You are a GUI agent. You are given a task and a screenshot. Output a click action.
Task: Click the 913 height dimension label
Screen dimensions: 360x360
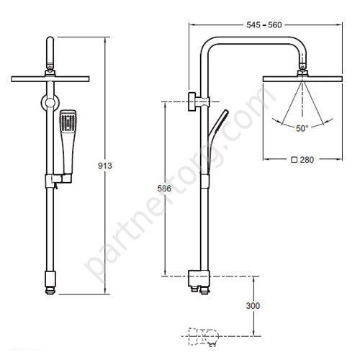(105, 166)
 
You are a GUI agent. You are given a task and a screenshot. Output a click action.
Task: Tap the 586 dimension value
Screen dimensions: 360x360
(164, 189)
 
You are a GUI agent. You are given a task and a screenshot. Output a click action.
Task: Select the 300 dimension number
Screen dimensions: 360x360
(253, 305)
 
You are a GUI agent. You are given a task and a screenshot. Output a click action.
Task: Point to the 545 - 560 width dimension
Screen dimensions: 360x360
(264, 24)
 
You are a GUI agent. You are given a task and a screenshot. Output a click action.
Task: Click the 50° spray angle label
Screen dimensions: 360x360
(302, 128)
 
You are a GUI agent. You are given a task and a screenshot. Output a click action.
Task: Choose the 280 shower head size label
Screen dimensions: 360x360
(307, 160)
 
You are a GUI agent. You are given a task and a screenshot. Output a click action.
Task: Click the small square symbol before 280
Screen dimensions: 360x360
(294, 160)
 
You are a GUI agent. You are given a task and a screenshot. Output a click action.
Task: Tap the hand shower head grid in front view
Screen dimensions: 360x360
(68, 122)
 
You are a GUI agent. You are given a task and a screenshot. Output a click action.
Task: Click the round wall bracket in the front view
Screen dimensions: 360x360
(50, 103)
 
